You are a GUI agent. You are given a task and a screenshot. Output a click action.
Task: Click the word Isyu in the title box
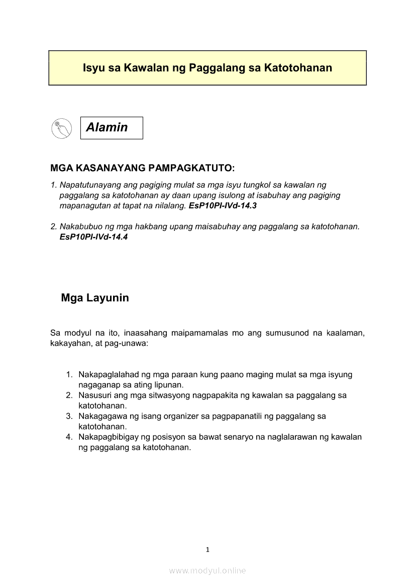94,68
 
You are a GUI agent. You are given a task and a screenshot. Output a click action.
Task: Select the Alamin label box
112,128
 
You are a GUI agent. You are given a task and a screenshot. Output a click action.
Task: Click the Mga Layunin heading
95,298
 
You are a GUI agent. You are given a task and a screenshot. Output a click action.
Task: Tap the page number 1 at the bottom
207,550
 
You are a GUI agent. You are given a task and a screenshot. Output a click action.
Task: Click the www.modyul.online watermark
207,570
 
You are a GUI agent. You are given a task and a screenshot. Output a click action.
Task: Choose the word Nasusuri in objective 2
95,395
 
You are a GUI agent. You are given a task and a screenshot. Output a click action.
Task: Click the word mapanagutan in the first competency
83,206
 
